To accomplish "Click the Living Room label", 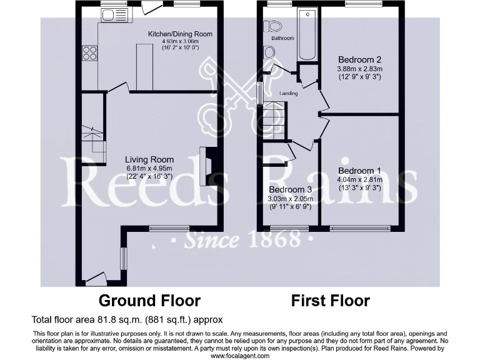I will [149, 159].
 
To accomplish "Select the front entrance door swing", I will [96, 276].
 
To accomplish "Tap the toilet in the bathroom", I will [272, 26].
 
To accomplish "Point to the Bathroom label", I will [282, 38].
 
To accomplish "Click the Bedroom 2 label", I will [359, 60].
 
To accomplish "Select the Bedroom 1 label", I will [359, 171].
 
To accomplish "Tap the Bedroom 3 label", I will [291, 190].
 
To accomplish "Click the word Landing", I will [288, 94].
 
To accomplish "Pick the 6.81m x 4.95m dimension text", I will [149, 168].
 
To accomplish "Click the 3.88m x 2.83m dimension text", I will [359, 68].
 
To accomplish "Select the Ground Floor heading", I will [149, 301].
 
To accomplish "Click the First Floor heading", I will [331, 301].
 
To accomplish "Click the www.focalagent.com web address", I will [239, 356].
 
